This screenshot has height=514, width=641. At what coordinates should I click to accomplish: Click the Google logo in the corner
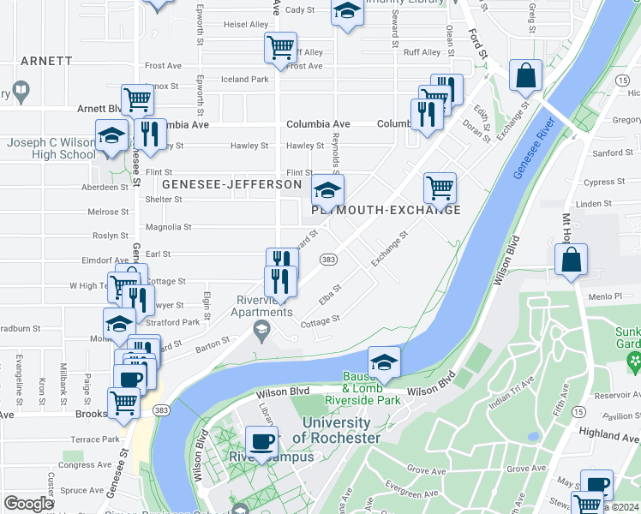[28, 504]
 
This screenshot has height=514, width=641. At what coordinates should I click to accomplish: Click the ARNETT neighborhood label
[46, 61]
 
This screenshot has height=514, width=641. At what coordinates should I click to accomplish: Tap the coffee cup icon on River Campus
[261, 442]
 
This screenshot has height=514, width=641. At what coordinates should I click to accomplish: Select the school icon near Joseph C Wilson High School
[111, 135]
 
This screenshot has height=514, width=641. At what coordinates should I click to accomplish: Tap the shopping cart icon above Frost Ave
[280, 46]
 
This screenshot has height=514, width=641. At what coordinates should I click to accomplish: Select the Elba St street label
[330, 293]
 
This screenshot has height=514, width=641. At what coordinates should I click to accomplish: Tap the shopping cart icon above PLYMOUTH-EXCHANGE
[440, 187]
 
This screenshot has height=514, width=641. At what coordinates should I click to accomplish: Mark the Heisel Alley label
[246, 25]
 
